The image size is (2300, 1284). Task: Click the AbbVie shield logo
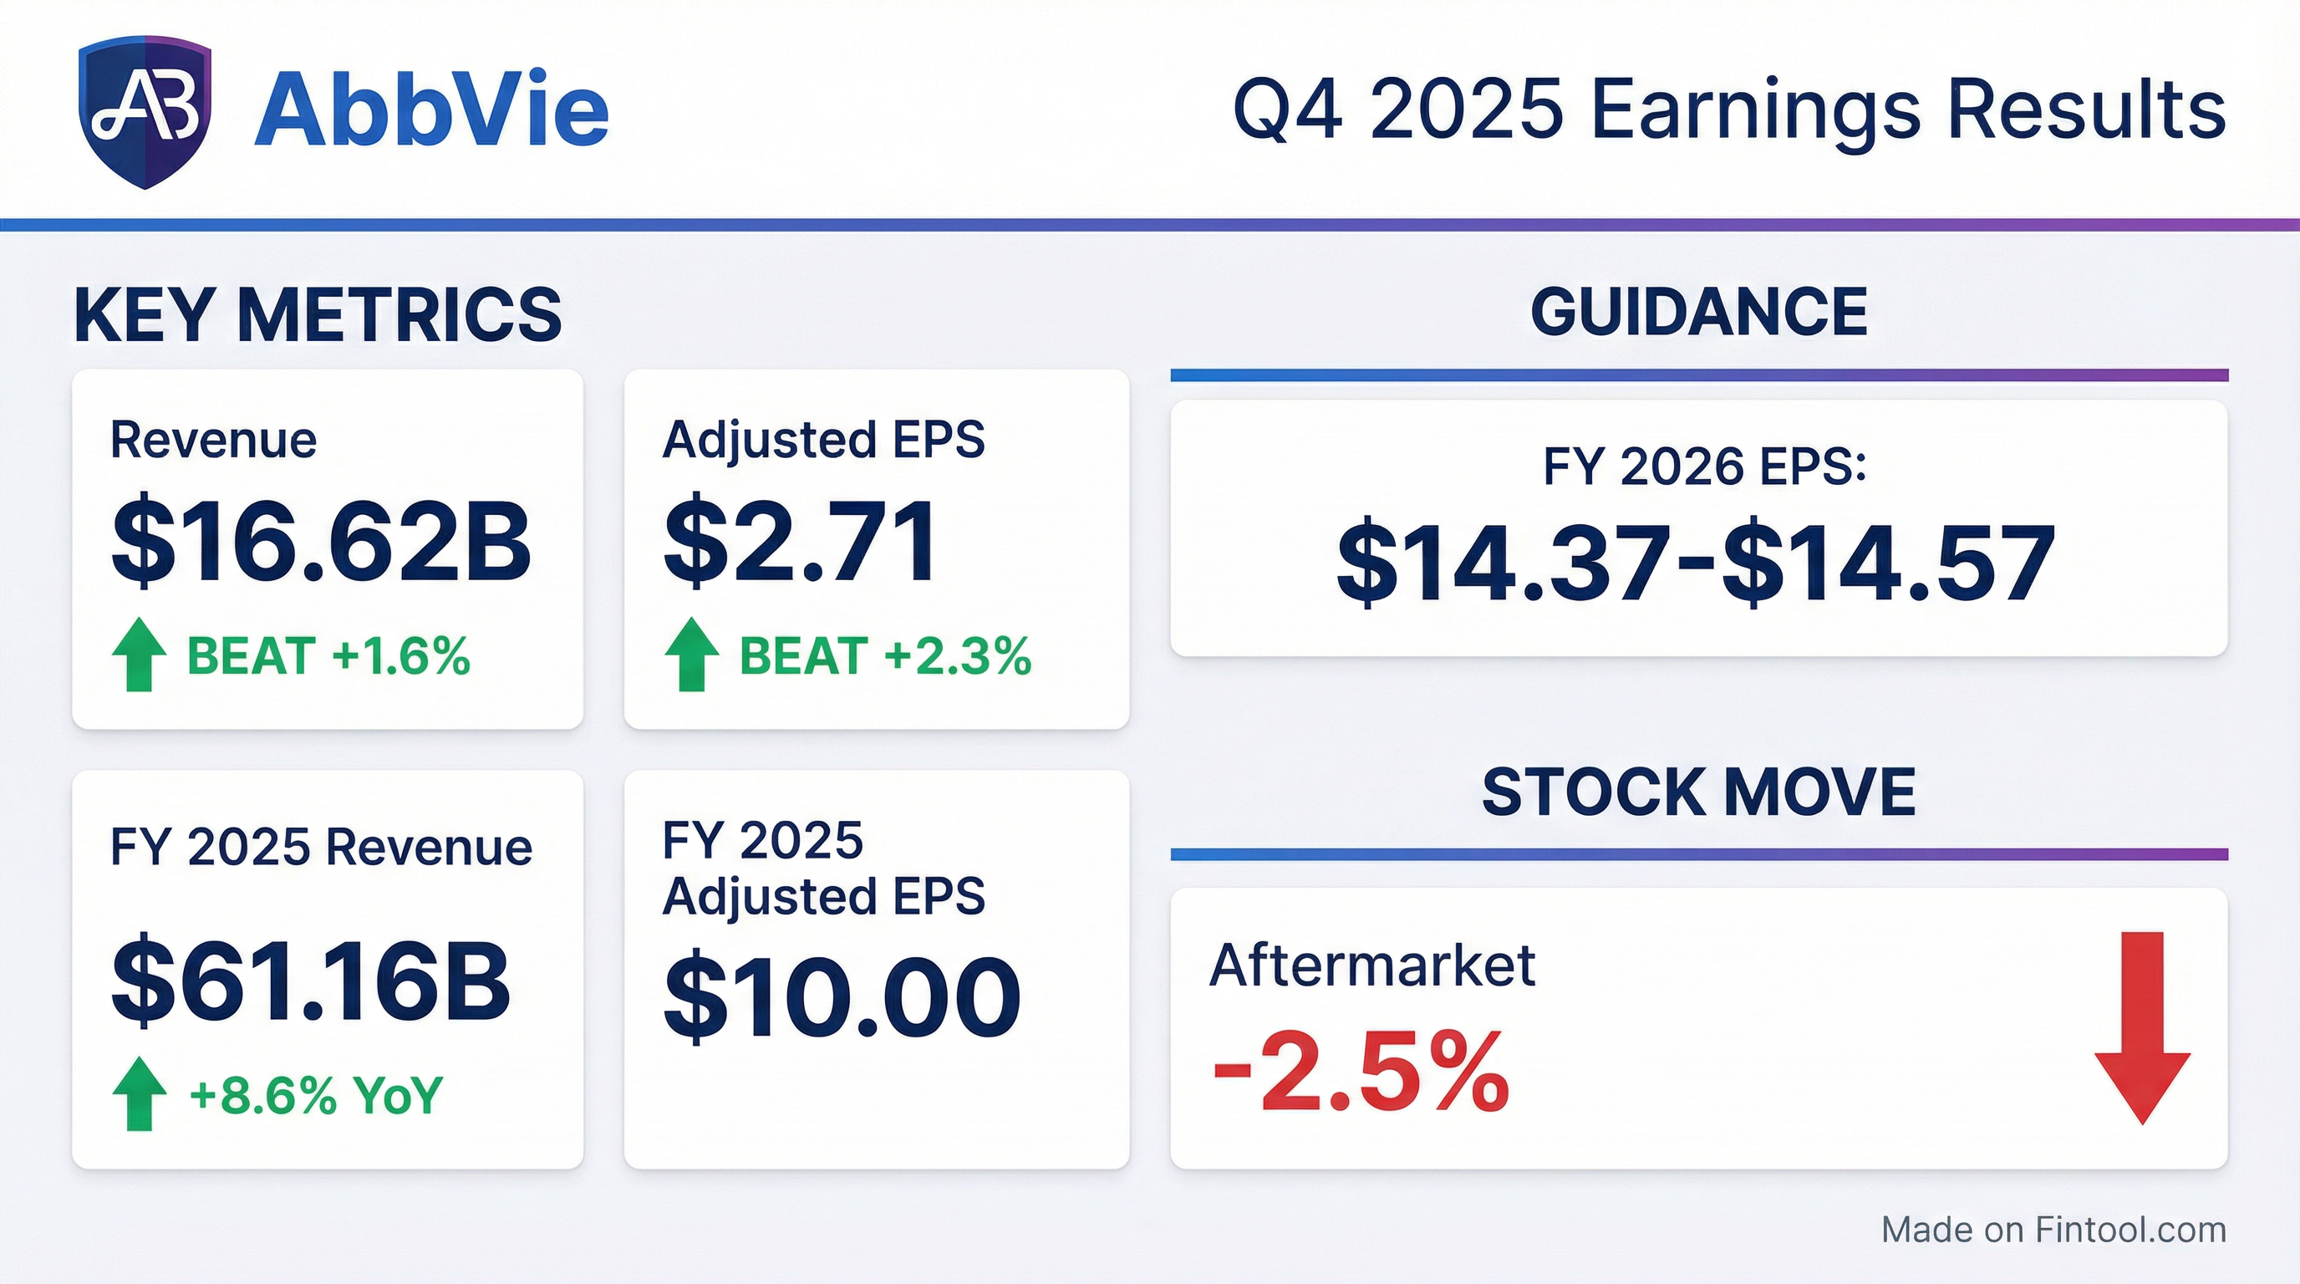tap(145, 113)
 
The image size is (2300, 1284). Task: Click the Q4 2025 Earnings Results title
tap(1729, 110)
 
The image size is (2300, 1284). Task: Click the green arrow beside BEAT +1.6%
tap(140, 655)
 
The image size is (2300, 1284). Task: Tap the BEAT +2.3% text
tap(886, 656)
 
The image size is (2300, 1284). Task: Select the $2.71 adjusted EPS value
tap(801, 541)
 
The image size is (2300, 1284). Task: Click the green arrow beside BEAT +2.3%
tap(692, 655)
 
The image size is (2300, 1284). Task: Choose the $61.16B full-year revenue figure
tap(311, 981)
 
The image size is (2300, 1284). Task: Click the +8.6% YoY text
tap(316, 1095)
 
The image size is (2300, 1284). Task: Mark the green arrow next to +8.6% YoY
tap(140, 1093)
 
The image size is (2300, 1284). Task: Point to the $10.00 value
tap(841, 996)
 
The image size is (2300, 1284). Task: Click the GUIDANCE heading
tap(1699, 312)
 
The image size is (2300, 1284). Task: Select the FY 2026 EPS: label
tap(1704, 466)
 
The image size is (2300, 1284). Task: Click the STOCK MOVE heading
tap(1699, 792)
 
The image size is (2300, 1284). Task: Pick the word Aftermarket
tap(1372, 965)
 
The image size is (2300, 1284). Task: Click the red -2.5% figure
tap(1360, 1071)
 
